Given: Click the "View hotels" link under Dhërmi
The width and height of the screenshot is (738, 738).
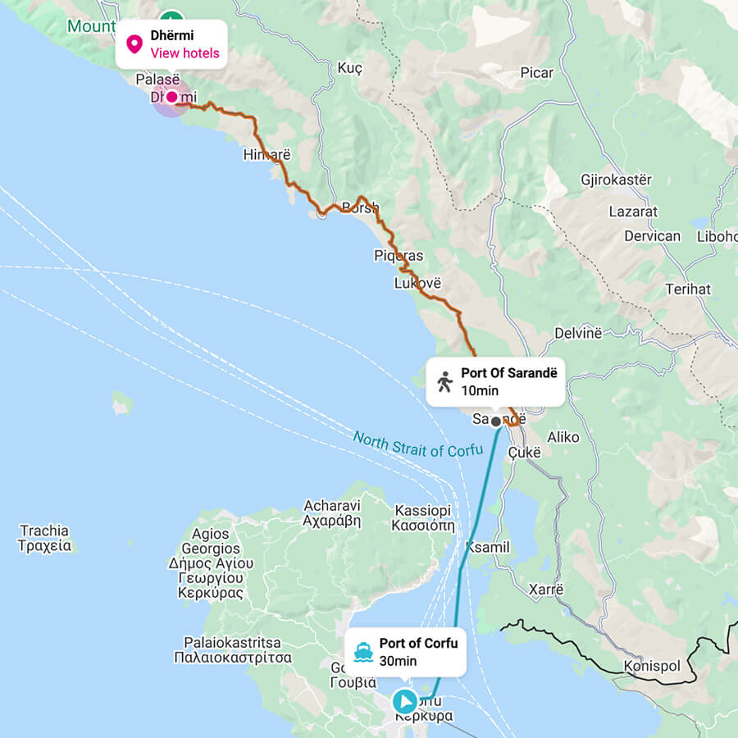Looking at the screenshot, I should pos(184,53).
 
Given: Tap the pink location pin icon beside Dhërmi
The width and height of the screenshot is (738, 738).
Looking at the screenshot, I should pos(134,44).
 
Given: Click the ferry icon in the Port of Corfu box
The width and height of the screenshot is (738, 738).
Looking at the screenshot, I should pos(363,653).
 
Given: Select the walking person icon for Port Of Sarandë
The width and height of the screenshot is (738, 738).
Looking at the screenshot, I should pos(444,381).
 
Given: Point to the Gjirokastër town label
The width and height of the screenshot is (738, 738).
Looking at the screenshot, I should pos(616,180).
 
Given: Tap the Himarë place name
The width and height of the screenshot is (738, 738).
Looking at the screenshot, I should pos(266,154).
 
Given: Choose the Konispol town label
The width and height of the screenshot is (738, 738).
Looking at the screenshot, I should pos(652,665).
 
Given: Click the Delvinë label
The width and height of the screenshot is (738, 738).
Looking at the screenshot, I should pos(578,332).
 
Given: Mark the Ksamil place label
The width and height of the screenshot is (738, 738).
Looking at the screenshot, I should pos(487,547).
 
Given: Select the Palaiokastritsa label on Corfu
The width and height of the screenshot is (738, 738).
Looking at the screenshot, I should pos(233,649).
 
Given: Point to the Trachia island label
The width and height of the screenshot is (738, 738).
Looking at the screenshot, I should pos(44,538).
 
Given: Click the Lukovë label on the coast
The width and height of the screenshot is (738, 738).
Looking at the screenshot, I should pos(417,283).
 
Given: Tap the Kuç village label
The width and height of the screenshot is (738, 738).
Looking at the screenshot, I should pos(349,68).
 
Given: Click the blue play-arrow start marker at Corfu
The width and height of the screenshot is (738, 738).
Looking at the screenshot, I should pos(404,701).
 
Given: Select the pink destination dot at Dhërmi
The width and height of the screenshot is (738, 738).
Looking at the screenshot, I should pos(172,97).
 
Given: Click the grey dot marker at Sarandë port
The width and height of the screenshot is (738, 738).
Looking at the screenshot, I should pos(495,421).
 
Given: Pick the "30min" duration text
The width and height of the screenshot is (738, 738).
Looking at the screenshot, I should pos(398,661).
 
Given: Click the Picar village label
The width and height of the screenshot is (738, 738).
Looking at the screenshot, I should pos(536,73).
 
